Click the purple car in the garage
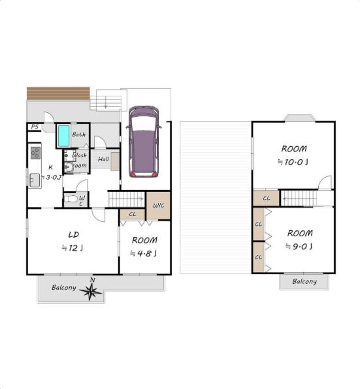point(144,142)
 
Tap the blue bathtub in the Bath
point(63,136)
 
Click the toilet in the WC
point(71,198)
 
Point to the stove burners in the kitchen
point(36,153)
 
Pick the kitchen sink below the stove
point(35,180)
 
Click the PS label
point(35,127)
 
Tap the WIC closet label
point(159,206)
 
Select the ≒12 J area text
point(73,247)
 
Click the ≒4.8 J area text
point(144,253)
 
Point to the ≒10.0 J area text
point(293,163)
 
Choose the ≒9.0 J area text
point(299,246)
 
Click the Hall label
point(103,159)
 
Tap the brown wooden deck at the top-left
point(58,93)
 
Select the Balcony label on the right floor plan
point(304,281)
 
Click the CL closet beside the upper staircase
point(266,198)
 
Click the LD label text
point(74,234)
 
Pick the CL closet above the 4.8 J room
point(133,214)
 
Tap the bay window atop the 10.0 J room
point(300,118)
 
